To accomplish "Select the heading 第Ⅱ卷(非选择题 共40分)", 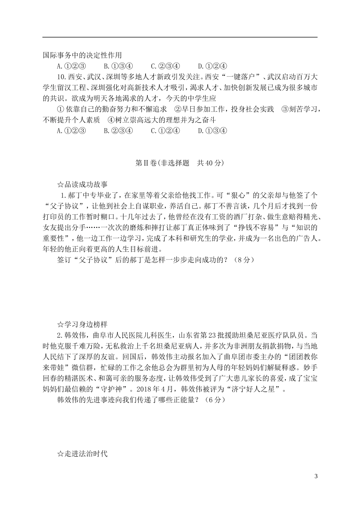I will coord(180,163).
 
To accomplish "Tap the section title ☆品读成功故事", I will coord(82,185).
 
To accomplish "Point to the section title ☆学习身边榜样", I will coord(82,325).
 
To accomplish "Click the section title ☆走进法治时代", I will coord(82,454).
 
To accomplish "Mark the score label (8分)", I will coord(243,260).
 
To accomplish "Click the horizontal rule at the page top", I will coord(180,37).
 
